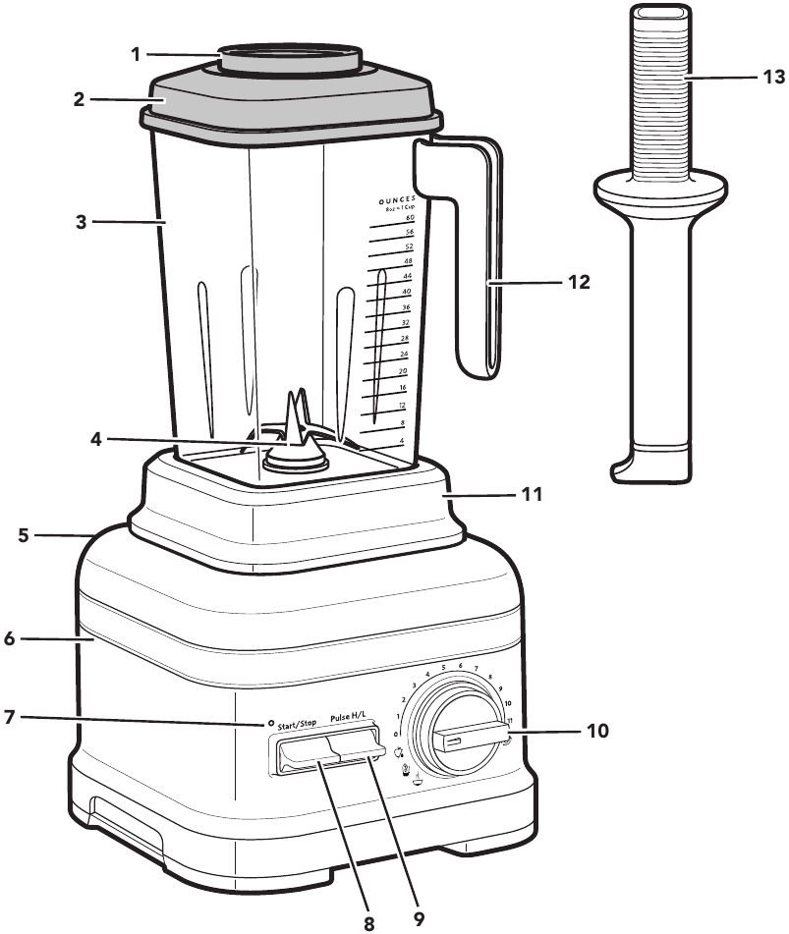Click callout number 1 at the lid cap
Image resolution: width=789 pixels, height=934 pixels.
point(137,54)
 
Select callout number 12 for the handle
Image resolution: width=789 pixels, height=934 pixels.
point(579,282)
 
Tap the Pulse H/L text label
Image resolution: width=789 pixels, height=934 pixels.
point(353,719)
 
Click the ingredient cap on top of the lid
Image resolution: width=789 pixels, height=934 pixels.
point(290,57)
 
